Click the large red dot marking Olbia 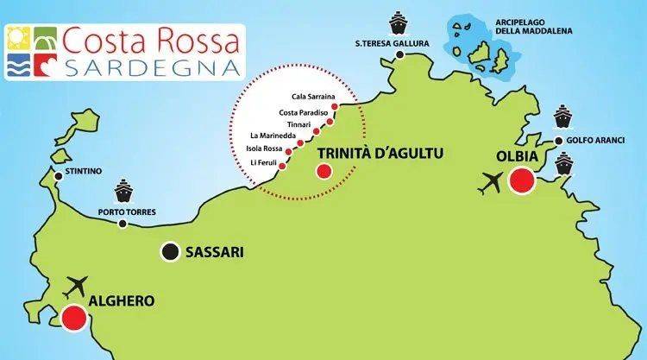point(521,181)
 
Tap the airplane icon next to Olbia point(493,184)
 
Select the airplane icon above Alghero point(77,284)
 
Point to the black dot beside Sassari point(170,252)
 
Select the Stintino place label point(84,172)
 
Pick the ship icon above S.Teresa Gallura point(398,21)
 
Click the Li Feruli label point(265,163)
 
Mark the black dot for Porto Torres point(122,224)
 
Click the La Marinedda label point(272,136)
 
